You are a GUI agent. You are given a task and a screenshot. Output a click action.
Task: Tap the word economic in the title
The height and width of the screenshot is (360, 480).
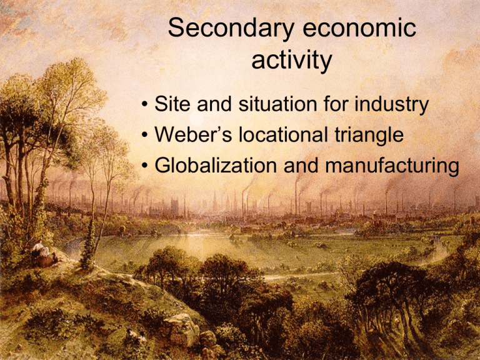click(x=359, y=28)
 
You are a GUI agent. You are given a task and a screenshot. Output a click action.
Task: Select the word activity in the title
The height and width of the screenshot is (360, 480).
click(x=292, y=60)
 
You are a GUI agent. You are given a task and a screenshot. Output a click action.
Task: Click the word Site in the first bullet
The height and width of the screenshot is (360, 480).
click(x=172, y=104)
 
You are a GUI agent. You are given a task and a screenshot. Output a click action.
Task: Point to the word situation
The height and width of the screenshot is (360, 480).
click(x=277, y=104)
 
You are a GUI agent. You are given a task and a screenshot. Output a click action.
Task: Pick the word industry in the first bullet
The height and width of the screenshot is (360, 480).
click(x=391, y=104)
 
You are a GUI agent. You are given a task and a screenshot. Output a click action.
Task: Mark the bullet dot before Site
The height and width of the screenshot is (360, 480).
click(x=144, y=104)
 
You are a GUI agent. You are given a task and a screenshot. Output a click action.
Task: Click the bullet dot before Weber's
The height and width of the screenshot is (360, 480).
click(x=144, y=135)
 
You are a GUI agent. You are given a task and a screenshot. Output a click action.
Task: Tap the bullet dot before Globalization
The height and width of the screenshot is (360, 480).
click(x=144, y=166)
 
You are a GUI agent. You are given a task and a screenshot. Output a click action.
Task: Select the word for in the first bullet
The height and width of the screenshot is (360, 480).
click(x=336, y=104)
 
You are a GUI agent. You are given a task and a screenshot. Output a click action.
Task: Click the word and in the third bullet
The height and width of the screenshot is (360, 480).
click(x=301, y=165)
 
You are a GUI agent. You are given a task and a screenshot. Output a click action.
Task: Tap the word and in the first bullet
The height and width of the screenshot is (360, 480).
click(x=214, y=104)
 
